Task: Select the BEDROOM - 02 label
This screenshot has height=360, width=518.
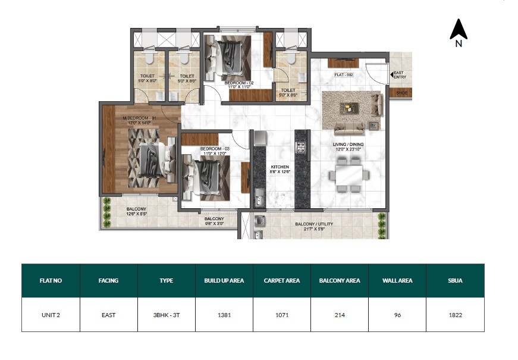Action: coord(239,84)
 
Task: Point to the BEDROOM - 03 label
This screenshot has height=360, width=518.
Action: coord(214,148)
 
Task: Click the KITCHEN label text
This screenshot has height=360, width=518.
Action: coord(280,167)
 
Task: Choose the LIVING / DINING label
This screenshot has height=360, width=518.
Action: coord(349,145)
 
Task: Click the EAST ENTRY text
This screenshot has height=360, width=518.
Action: coord(399,76)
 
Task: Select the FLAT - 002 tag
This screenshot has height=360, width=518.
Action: coord(344,74)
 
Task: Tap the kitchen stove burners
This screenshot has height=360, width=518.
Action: coord(300,146)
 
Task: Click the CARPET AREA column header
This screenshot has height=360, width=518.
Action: coord(282,280)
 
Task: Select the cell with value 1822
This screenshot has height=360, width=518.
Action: coord(456,315)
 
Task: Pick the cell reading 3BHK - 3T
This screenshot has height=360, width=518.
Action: coord(167,315)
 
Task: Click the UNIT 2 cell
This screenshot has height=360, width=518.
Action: coord(51,315)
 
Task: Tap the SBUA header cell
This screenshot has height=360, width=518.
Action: coord(456,280)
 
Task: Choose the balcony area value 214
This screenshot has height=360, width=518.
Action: coord(340,315)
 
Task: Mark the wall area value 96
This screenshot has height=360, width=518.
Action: coord(397,315)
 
